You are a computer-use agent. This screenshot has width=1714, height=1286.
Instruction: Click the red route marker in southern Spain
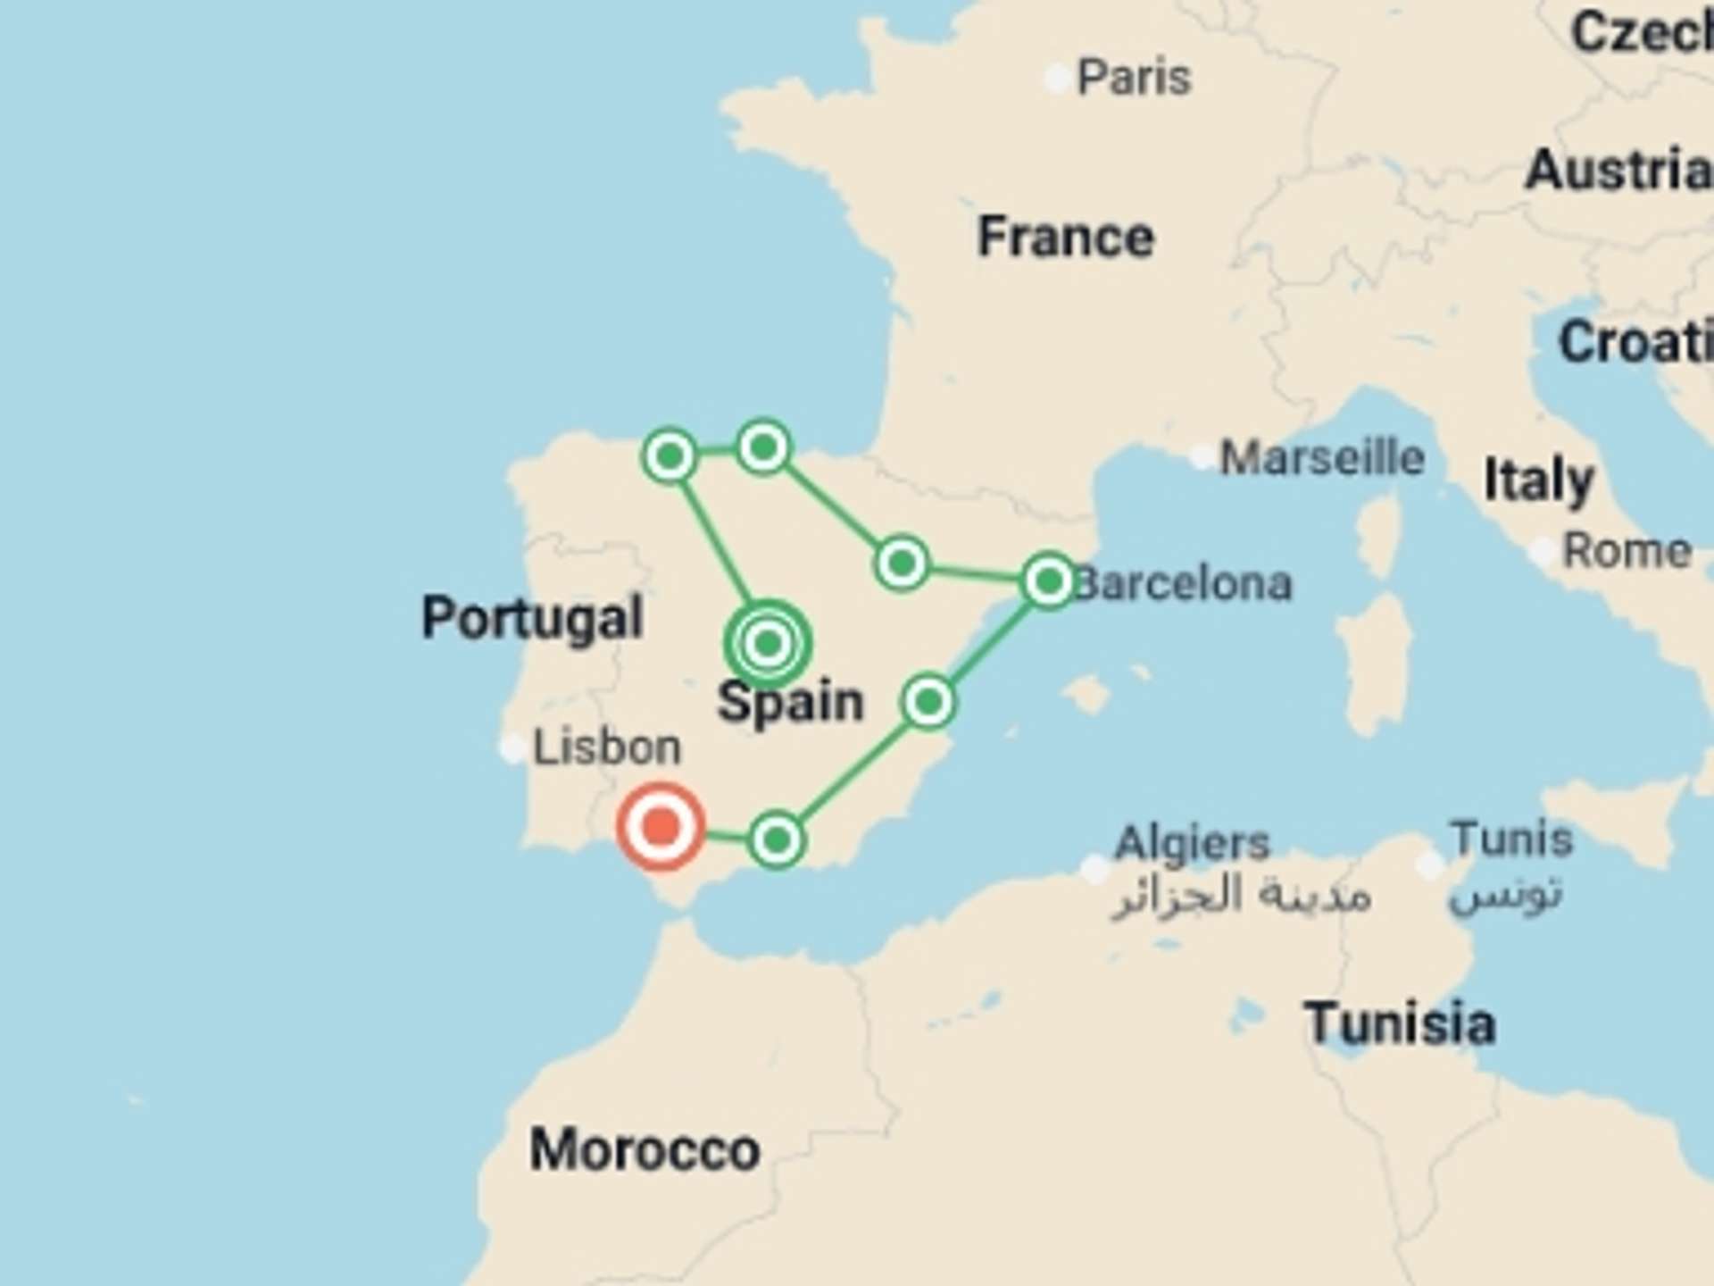click(661, 826)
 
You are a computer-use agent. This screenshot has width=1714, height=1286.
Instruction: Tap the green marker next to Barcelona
click(1049, 581)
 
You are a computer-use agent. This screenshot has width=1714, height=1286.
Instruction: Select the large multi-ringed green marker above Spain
click(768, 643)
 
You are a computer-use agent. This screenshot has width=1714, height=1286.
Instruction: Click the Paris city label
click(1134, 78)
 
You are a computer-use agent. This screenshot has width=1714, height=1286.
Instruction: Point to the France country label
click(1066, 237)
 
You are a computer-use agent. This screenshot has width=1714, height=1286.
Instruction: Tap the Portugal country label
click(532, 617)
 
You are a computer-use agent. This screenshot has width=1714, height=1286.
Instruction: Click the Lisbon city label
click(606, 747)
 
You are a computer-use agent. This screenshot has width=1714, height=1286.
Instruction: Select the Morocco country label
click(645, 1149)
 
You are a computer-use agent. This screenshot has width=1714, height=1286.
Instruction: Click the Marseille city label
click(1322, 458)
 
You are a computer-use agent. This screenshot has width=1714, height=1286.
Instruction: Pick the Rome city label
click(1627, 551)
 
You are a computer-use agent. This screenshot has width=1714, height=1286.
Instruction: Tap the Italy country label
click(1538, 480)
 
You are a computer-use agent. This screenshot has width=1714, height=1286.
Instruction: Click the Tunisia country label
click(1400, 1023)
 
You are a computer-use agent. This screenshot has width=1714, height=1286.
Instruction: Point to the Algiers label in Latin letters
click(1192, 842)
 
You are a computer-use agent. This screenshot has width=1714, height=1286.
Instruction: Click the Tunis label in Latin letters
click(1511, 839)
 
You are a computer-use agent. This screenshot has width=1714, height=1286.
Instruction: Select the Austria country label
click(1618, 170)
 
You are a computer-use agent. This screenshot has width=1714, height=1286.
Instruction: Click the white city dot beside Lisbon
click(512, 747)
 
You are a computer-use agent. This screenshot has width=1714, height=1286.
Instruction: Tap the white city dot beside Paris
click(1058, 79)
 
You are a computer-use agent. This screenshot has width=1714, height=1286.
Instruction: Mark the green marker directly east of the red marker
click(777, 839)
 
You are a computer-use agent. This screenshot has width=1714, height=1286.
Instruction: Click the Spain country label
click(791, 702)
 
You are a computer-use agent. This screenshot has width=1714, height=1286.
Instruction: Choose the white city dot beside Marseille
click(1202, 457)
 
